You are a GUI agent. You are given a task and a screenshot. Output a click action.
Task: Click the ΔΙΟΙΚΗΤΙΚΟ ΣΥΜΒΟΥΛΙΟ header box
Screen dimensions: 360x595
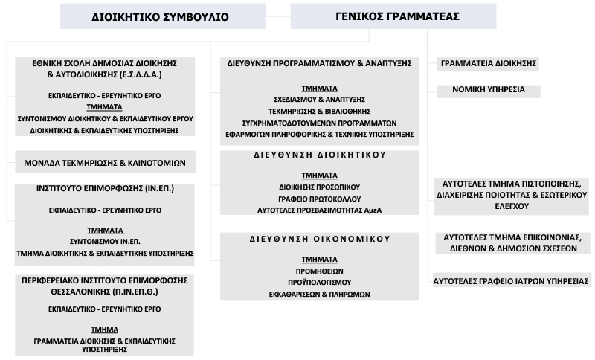click(160, 16)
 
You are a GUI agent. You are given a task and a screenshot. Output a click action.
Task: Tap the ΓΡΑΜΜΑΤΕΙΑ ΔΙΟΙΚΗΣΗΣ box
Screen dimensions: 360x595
click(488, 64)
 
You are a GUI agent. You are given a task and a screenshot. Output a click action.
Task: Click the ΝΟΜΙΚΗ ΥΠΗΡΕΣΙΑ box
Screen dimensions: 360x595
click(489, 89)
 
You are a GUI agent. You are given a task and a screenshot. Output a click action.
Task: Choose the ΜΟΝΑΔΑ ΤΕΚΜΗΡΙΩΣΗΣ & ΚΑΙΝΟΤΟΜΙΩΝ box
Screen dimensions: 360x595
click(105, 162)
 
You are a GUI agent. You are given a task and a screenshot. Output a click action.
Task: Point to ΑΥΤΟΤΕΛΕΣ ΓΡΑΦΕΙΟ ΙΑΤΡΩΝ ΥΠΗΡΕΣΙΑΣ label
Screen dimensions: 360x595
click(511, 281)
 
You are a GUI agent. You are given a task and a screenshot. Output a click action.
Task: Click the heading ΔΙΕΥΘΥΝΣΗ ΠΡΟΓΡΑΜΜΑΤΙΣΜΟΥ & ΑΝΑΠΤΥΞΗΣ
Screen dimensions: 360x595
click(320, 64)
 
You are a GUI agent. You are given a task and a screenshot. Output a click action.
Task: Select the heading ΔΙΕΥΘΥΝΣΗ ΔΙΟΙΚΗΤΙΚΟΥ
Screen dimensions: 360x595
click(320, 156)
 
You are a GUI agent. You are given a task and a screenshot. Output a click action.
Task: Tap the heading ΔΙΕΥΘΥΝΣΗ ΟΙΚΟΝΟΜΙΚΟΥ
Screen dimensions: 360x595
click(320, 240)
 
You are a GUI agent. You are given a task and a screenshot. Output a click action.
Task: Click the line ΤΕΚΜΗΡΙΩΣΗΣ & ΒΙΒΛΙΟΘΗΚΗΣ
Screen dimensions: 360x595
click(320, 111)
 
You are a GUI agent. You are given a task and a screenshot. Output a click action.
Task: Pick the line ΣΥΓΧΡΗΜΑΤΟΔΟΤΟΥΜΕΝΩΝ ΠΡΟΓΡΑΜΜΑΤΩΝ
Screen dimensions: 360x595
click(320, 123)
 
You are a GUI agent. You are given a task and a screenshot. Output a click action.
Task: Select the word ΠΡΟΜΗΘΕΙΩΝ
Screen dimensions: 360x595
click(320, 271)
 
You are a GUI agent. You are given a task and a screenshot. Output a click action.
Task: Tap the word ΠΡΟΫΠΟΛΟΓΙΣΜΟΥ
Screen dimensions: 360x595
click(320, 283)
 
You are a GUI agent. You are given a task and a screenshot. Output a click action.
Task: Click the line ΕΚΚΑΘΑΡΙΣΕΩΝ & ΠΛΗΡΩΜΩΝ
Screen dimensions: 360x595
click(320, 295)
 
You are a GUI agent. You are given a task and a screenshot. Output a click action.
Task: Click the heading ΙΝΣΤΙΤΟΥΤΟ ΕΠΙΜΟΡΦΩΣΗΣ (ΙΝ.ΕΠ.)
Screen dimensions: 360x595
click(105, 189)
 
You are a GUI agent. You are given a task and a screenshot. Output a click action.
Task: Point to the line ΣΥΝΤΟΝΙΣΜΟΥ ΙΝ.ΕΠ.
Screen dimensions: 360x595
click(105, 242)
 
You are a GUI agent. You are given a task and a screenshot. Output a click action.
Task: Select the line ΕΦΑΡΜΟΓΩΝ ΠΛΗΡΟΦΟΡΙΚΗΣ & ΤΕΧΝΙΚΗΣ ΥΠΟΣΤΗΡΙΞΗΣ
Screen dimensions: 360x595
click(320, 135)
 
